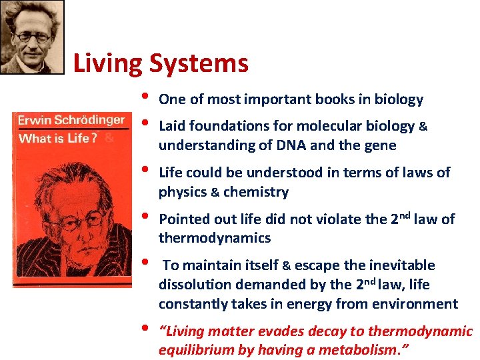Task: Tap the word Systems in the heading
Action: [199, 64]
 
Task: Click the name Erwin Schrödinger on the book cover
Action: [71, 121]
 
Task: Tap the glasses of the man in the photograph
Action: [32, 37]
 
